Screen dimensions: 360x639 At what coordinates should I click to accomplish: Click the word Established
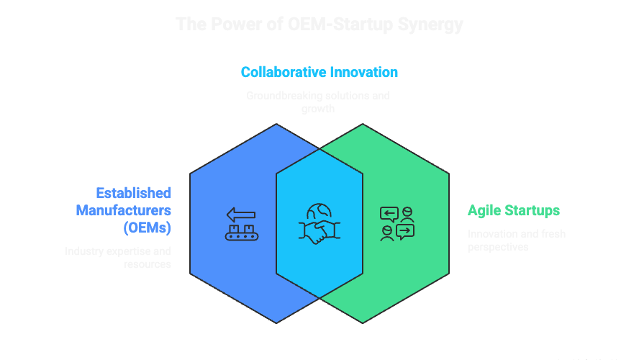134,193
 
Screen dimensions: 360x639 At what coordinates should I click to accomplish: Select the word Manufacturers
124,211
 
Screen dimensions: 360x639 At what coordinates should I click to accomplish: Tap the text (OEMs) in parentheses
147,229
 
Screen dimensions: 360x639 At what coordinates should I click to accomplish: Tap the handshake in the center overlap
319,230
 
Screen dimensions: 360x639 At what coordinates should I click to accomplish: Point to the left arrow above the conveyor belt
242,214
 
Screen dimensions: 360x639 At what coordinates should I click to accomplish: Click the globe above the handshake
318,212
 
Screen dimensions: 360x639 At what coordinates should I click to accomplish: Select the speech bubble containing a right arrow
404,231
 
